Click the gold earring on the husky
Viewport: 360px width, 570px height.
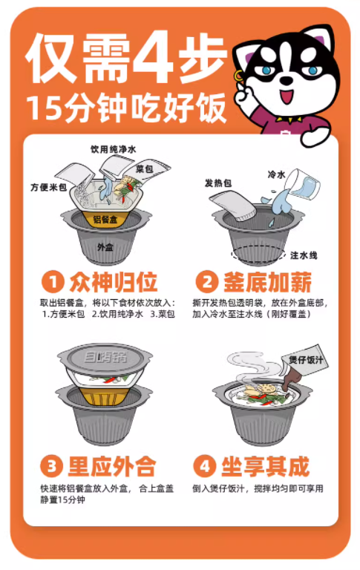pos(238,76)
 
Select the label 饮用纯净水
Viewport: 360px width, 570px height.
pos(114,149)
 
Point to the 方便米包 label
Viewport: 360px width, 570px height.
pos(49,187)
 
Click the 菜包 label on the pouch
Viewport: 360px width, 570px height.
pos(145,169)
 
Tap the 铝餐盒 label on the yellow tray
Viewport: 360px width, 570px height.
pos(105,220)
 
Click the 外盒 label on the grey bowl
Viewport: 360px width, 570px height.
pos(105,247)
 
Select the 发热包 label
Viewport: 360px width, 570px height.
pos(218,183)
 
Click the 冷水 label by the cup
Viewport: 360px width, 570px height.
pos(277,175)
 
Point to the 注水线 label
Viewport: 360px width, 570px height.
pos(304,255)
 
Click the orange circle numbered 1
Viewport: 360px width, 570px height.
pos(53,282)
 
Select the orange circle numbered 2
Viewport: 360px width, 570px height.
pos(207,282)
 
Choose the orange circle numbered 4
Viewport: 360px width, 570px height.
pos(205,465)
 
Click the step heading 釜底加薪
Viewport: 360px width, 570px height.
pos(268,282)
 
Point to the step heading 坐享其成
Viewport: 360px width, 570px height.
pos(266,466)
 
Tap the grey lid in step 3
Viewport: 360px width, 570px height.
pos(105,360)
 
